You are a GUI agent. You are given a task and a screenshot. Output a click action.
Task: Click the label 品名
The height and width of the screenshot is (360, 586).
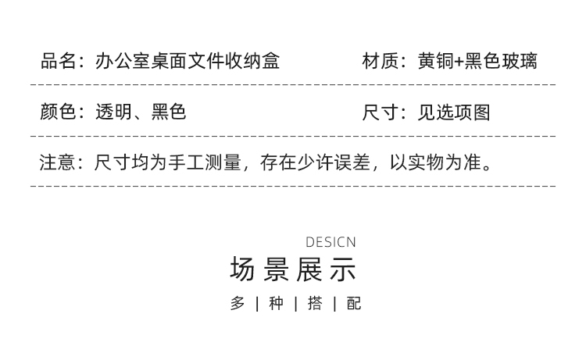click(x=59, y=61)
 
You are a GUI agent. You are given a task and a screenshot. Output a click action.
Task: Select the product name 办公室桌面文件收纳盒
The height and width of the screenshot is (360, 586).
click(x=187, y=61)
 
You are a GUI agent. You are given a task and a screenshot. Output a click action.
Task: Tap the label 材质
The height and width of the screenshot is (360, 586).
click(x=381, y=61)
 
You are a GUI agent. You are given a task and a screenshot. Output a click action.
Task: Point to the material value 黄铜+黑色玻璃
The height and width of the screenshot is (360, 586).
click(x=477, y=61)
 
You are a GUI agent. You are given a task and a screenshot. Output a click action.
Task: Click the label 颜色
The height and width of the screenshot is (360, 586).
click(x=59, y=112)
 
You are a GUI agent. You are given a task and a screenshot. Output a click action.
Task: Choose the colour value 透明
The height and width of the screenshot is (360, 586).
click(x=113, y=112)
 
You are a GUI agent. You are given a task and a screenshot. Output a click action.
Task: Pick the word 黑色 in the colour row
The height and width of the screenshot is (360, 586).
click(x=169, y=112)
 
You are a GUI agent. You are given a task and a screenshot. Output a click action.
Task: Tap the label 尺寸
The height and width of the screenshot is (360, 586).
click(x=381, y=112)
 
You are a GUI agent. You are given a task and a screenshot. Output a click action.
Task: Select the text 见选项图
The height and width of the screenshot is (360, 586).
click(x=454, y=112)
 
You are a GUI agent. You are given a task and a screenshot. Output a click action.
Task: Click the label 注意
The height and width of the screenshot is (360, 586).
click(x=59, y=163)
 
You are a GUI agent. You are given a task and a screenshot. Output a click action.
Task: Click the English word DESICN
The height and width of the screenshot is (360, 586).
click(x=331, y=242)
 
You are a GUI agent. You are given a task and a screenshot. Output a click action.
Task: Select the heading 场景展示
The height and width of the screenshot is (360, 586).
click(x=293, y=269)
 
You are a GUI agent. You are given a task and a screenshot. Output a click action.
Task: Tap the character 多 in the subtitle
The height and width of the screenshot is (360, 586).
click(x=238, y=304)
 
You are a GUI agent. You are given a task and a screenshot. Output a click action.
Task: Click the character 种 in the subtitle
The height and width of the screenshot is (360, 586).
click(x=276, y=304)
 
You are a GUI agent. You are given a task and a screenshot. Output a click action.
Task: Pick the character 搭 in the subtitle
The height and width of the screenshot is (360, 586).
click(x=315, y=304)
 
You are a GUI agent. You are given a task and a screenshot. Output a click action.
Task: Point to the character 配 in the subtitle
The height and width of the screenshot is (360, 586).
click(x=354, y=304)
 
